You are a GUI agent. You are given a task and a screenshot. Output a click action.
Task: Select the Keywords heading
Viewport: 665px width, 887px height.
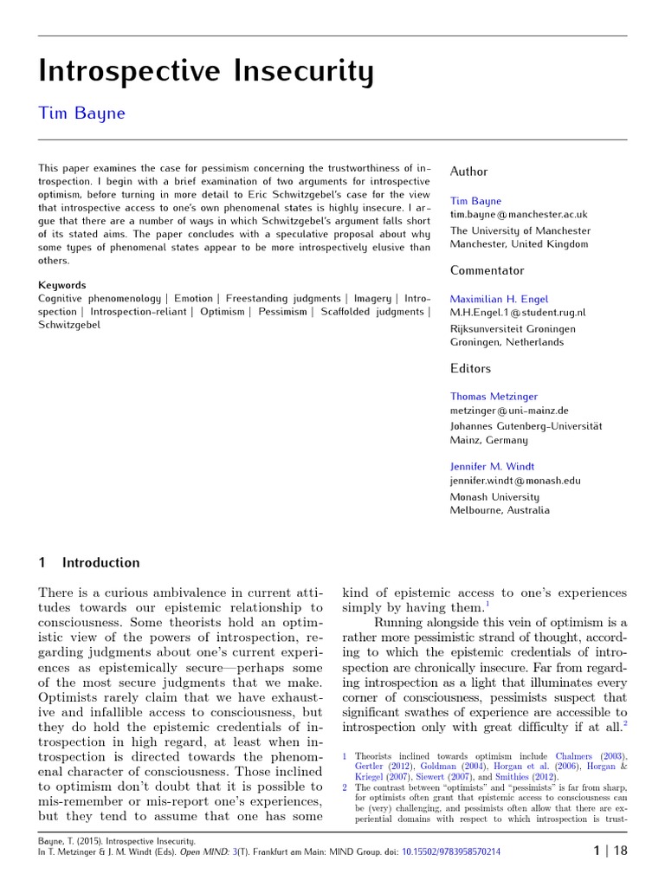click(x=61, y=285)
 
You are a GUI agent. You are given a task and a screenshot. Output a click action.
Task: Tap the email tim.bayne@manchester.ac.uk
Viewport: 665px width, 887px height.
click(x=518, y=214)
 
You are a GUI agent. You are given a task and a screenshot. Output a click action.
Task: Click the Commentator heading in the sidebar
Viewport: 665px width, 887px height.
click(x=487, y=270)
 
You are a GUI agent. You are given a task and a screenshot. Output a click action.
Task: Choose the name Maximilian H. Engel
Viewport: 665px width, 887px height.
click(x=499, y=299)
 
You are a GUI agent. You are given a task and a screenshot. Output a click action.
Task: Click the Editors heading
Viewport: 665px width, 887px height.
click(x=470, y=368)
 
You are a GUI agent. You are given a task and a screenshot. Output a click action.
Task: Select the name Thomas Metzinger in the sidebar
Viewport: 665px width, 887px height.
click(x=494, y=397)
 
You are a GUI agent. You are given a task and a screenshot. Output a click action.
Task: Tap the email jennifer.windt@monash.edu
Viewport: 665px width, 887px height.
click(x=515, y=480)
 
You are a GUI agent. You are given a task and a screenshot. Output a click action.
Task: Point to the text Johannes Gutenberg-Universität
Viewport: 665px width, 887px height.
click(x=526, y=426)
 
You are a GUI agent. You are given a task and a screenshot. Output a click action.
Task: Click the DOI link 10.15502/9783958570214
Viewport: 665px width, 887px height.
click(x=451, y=852)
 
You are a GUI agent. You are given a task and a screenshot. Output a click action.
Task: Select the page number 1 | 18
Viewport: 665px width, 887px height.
click(x=610, y=851)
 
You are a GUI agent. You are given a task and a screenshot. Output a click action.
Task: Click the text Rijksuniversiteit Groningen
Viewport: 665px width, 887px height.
click(x=513, y=328)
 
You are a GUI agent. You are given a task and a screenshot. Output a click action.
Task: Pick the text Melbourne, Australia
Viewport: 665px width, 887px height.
click(x=500, y=510)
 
